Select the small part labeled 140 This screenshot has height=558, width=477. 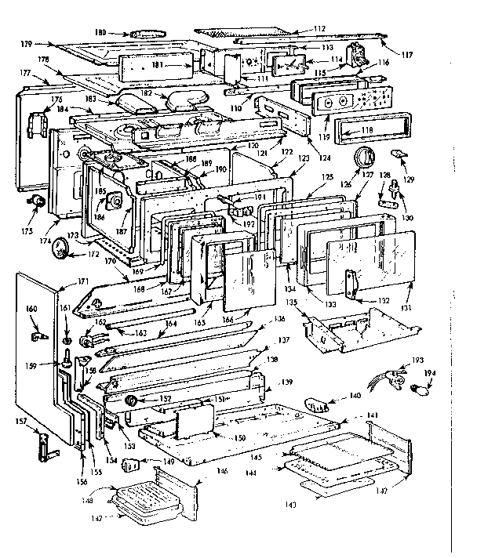317,405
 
